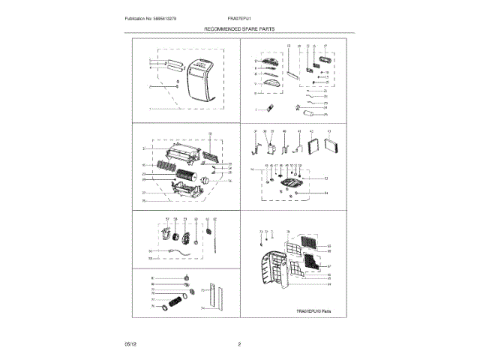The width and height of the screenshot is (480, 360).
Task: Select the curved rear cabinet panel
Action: [271, 274]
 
